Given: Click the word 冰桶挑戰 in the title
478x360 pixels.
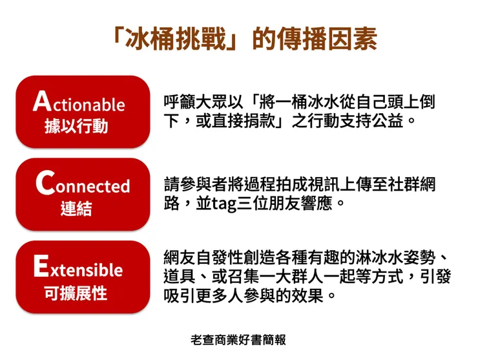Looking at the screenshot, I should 174,39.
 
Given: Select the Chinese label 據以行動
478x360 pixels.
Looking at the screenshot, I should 76,126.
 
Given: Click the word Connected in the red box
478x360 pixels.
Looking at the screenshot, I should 83,185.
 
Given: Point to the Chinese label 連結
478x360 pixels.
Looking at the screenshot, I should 76,209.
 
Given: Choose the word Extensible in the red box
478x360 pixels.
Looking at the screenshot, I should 78,268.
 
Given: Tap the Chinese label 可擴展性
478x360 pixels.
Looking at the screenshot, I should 76,292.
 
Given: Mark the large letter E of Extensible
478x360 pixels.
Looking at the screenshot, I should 41,266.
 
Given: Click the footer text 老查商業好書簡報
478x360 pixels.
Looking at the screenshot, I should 238,340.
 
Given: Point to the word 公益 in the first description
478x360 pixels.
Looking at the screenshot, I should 391,121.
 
